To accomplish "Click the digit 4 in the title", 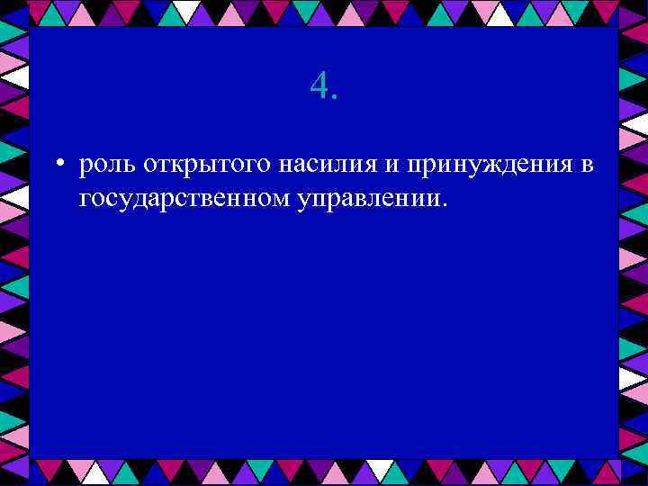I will pos(318,86).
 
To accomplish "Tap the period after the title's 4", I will pos(335,96).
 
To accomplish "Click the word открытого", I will pos(197,166).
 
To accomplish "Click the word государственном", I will pos(183,197).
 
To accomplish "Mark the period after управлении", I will pos(443,203).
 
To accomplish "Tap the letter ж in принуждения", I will pos(487,166).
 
